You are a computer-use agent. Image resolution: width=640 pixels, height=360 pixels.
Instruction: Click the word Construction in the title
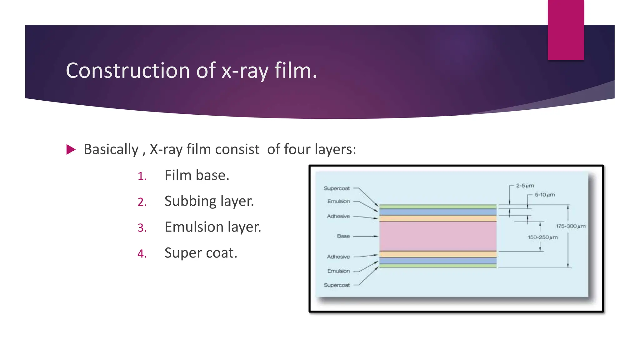(127, 71)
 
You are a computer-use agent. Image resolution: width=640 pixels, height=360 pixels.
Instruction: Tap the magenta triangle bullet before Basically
(71, 149)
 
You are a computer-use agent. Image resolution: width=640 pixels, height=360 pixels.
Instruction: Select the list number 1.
(142, 176)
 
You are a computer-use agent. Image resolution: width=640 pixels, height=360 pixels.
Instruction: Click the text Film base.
(197, 175)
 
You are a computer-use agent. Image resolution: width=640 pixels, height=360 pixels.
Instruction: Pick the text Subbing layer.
(209, 201)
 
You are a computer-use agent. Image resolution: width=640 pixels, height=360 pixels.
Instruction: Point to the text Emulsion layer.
(212, 227)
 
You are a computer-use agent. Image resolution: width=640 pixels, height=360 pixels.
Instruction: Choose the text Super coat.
(201, 253)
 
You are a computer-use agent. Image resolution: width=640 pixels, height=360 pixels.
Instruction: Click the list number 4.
(142, 253)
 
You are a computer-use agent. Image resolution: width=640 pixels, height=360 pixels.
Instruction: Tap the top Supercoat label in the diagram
(337, 188)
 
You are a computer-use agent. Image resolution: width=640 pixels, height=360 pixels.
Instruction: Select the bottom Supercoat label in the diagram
(337, 285)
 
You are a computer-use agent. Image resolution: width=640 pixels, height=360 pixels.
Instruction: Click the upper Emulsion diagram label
(338, 201)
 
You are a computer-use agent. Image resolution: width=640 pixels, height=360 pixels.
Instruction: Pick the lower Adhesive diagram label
(338, 257)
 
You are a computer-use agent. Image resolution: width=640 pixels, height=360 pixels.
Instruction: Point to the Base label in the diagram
(343, 236)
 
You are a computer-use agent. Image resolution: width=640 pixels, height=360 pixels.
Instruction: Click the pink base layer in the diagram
(437, 236)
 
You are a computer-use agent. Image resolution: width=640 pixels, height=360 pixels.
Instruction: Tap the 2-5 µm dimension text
(525, 186)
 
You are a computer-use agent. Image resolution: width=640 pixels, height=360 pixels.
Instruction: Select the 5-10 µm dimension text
(545, 195)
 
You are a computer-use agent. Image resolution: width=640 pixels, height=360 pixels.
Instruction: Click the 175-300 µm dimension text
(571, 226)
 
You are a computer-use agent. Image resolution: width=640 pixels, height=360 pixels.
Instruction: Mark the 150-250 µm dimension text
(543, 237)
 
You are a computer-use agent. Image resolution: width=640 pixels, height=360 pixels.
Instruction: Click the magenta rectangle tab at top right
(566, 30)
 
